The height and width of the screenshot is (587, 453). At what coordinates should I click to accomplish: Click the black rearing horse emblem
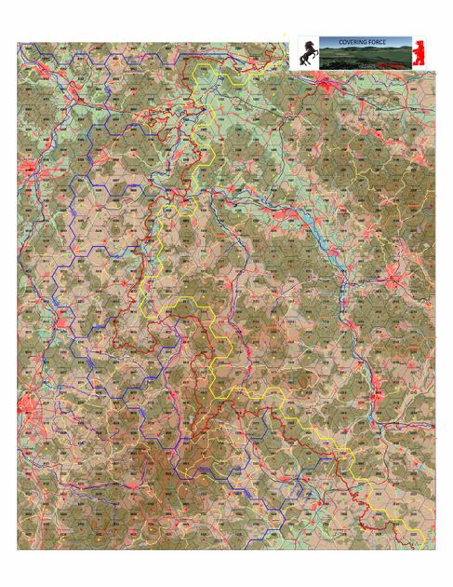point(308,54)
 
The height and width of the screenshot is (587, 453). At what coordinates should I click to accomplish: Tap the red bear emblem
point(420,54)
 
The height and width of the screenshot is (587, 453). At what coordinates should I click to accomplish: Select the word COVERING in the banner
point(350,41)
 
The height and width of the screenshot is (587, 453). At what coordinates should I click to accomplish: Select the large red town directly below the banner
point(327,87)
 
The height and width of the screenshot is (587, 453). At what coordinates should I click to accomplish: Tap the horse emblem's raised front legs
point(302,48)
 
